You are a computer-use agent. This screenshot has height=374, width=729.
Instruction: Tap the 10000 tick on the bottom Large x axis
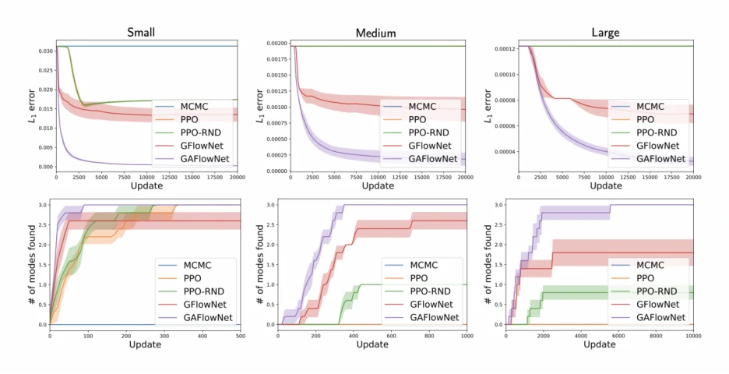692,335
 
